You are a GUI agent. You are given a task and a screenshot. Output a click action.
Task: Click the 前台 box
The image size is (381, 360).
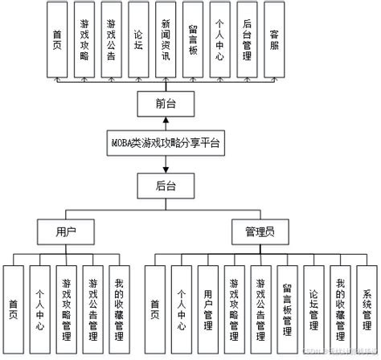click(166, 102)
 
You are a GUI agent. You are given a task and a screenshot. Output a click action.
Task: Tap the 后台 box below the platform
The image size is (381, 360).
click(166, 185)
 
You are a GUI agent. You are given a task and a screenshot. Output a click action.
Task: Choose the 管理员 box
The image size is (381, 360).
click(260, 231)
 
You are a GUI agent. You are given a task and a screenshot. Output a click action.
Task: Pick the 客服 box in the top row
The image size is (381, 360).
click(275, 41)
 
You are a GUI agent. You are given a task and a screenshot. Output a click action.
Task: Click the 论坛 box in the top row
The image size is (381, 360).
click(138, 41)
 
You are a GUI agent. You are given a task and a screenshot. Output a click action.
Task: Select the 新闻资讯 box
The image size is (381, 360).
click(166, 41)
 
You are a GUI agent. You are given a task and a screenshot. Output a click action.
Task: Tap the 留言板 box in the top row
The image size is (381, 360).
click(193, 41)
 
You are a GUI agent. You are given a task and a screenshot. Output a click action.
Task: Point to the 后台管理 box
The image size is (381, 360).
click(248, 41)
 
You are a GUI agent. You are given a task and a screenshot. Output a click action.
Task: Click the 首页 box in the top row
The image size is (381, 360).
click(56, 41)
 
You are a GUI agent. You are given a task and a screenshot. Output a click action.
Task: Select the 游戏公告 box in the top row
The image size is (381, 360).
click(111, 41)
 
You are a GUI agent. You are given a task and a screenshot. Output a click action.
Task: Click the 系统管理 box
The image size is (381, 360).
click(367, 305)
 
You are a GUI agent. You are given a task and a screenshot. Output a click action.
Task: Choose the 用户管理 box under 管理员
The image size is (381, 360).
click(207, 305)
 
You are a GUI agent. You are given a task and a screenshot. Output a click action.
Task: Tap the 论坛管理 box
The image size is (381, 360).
click(313, 305)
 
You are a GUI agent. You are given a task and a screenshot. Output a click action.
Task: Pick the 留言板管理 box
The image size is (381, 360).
click(287, 305)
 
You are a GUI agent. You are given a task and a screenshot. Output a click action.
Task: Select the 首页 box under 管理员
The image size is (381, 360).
click(154, 305)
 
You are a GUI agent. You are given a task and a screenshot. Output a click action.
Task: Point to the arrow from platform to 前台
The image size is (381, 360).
click(166, 121)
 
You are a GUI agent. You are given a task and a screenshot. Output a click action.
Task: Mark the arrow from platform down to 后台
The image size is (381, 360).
click(166, 163)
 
